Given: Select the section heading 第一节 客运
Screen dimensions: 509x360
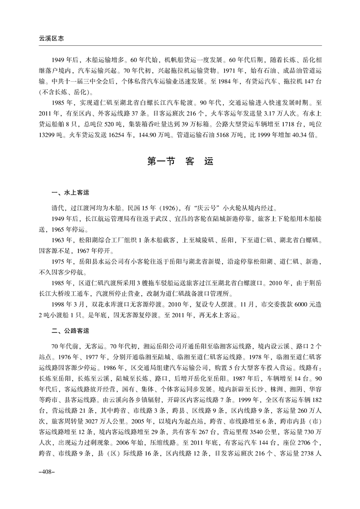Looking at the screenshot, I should [180, 161].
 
